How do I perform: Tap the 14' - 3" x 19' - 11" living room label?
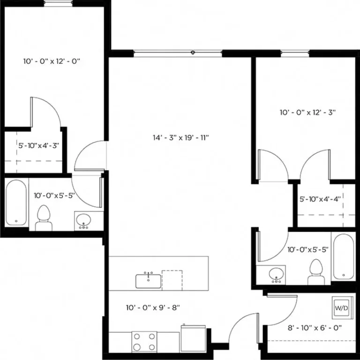pyautogui.click(x=180, y=138)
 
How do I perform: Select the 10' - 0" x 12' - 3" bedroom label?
pyautogui.click(x=308, y=112)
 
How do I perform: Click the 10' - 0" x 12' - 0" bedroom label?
pyautogui.click(x=52, y=61)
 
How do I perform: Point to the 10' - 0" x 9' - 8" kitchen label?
pyautogui.click(x=153, y=308)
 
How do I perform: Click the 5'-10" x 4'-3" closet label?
pyautogui.click(x=38, y=145)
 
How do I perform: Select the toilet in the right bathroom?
pyautogui.click(x=315, y=272)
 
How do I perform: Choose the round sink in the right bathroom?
pyautogui.click(x=277, y=274)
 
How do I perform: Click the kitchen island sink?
pyautogui.click(x=149, y=280)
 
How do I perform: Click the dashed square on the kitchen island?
pyautogui.click(x=172, y=280)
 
